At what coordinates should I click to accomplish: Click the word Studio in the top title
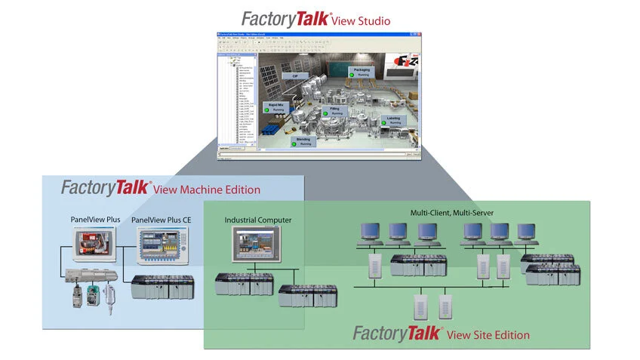[x=372, y=19]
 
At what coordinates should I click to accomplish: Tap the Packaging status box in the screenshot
[x=362, y=72]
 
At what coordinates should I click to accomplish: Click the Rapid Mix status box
[x=275, y=107]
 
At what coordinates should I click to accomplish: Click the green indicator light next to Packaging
[x=352, y=75]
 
